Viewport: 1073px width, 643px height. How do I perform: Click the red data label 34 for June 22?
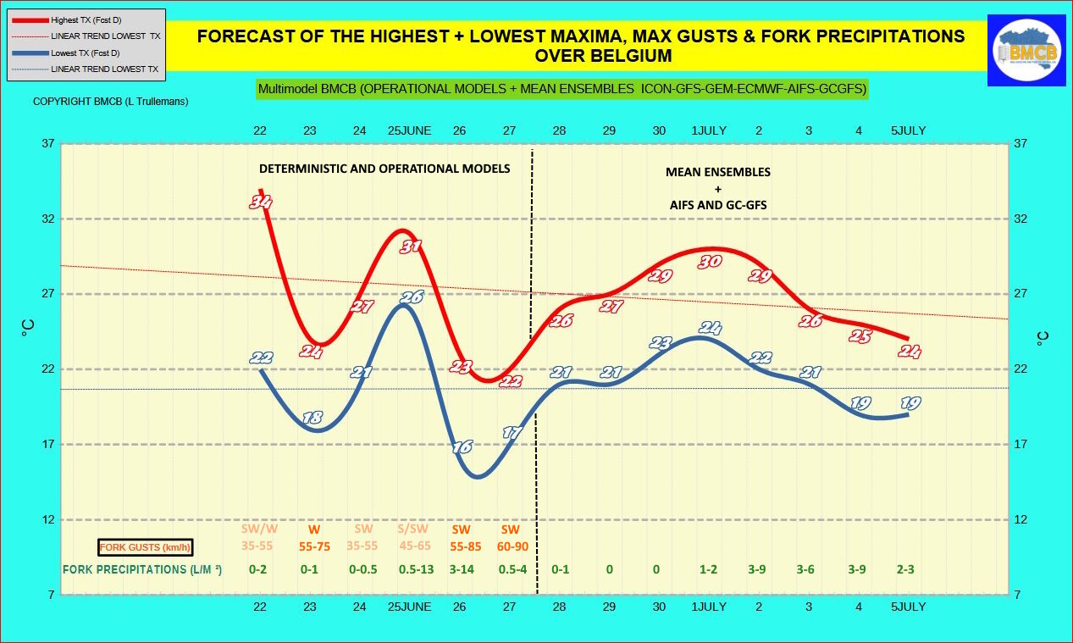click(261, 202)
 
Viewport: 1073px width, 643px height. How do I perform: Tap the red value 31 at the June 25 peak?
click(412, 247)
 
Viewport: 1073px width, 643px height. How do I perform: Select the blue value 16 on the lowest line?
click(462, 447)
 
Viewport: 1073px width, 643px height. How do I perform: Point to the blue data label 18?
click(312, 418)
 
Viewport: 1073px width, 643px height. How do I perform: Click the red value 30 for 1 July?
click(709, 262)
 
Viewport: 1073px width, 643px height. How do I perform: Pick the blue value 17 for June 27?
click(512, 433)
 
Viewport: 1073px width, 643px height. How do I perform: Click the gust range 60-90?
click(512, 546)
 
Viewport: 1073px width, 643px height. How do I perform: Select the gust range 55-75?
click(314, 546)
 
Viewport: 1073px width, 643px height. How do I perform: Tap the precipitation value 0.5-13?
click(416, 569)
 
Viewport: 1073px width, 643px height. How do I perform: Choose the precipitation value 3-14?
click(462, 569)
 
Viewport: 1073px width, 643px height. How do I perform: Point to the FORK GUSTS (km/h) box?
click(146, 547)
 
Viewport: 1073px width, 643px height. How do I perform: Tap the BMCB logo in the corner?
click(1026, 50)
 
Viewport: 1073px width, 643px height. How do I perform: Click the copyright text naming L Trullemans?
click(110, 102)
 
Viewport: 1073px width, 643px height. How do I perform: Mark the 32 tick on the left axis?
click(47, 219)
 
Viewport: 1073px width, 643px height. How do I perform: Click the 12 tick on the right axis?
click(1020, 519)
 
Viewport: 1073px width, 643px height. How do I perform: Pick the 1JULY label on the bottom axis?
click(709, 607)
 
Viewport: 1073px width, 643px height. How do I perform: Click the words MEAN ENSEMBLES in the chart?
click(717, 172)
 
